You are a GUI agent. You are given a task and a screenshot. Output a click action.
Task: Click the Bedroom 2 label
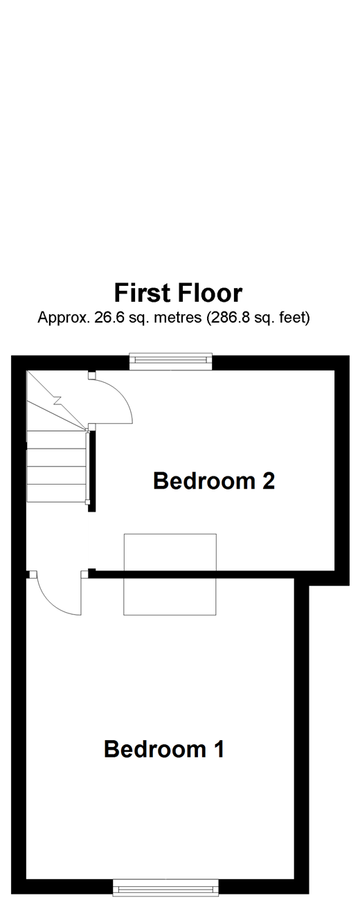pyautogui.click(x=214, y=480)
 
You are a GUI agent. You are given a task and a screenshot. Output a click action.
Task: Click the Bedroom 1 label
pyautogui.click(x=164, y=749)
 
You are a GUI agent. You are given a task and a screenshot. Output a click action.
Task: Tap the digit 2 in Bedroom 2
pyautogui.click(x=268, y=480)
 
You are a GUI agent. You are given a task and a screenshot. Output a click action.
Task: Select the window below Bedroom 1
pyautogui.click(x=165, y=887)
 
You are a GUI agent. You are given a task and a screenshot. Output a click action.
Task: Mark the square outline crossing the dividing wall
pyautogui.click(x=170, y=574)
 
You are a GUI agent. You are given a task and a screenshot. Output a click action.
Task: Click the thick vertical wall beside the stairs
pyautogui.click(x=92, y=471)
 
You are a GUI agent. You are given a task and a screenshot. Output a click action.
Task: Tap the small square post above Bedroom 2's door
pyautogui.click(x=91, y=375)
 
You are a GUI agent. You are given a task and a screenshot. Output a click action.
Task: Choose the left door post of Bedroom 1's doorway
pyautogui.click(x=33, y=573)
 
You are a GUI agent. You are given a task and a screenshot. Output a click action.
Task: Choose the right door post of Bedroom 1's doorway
pyautogui.click(x=84, y=573)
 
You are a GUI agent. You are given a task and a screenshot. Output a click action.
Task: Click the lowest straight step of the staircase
pyautogui.click(x=55, y=493)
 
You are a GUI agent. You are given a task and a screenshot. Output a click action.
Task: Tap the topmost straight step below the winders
pyautogui.click(x=55, y=440)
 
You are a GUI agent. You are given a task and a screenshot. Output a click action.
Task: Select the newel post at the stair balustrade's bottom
pyautogui.click(x=87, y=501)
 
